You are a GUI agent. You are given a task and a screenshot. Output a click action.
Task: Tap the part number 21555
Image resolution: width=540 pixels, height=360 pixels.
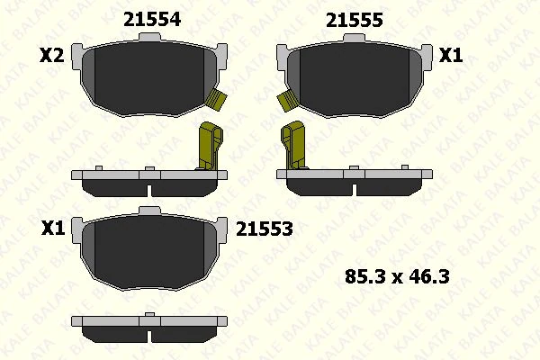coord(354,19)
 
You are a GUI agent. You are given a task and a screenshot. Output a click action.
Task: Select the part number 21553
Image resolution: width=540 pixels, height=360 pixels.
coord(264,229)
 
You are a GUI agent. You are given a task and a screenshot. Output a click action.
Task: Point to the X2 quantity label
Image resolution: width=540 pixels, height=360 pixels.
coord(52,56)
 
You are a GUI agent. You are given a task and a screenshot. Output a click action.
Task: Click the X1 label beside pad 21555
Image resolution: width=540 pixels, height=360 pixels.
coord(450,56)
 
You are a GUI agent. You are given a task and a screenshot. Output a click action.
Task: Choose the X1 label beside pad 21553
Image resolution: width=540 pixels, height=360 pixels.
coord(52,229)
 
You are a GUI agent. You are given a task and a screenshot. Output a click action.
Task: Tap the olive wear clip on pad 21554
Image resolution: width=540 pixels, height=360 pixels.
coord(215,100)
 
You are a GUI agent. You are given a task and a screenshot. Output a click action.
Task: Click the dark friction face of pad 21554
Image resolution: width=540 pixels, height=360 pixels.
coord(148,76)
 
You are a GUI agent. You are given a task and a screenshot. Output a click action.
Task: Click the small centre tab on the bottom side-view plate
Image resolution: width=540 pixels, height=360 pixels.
coord(149,315)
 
